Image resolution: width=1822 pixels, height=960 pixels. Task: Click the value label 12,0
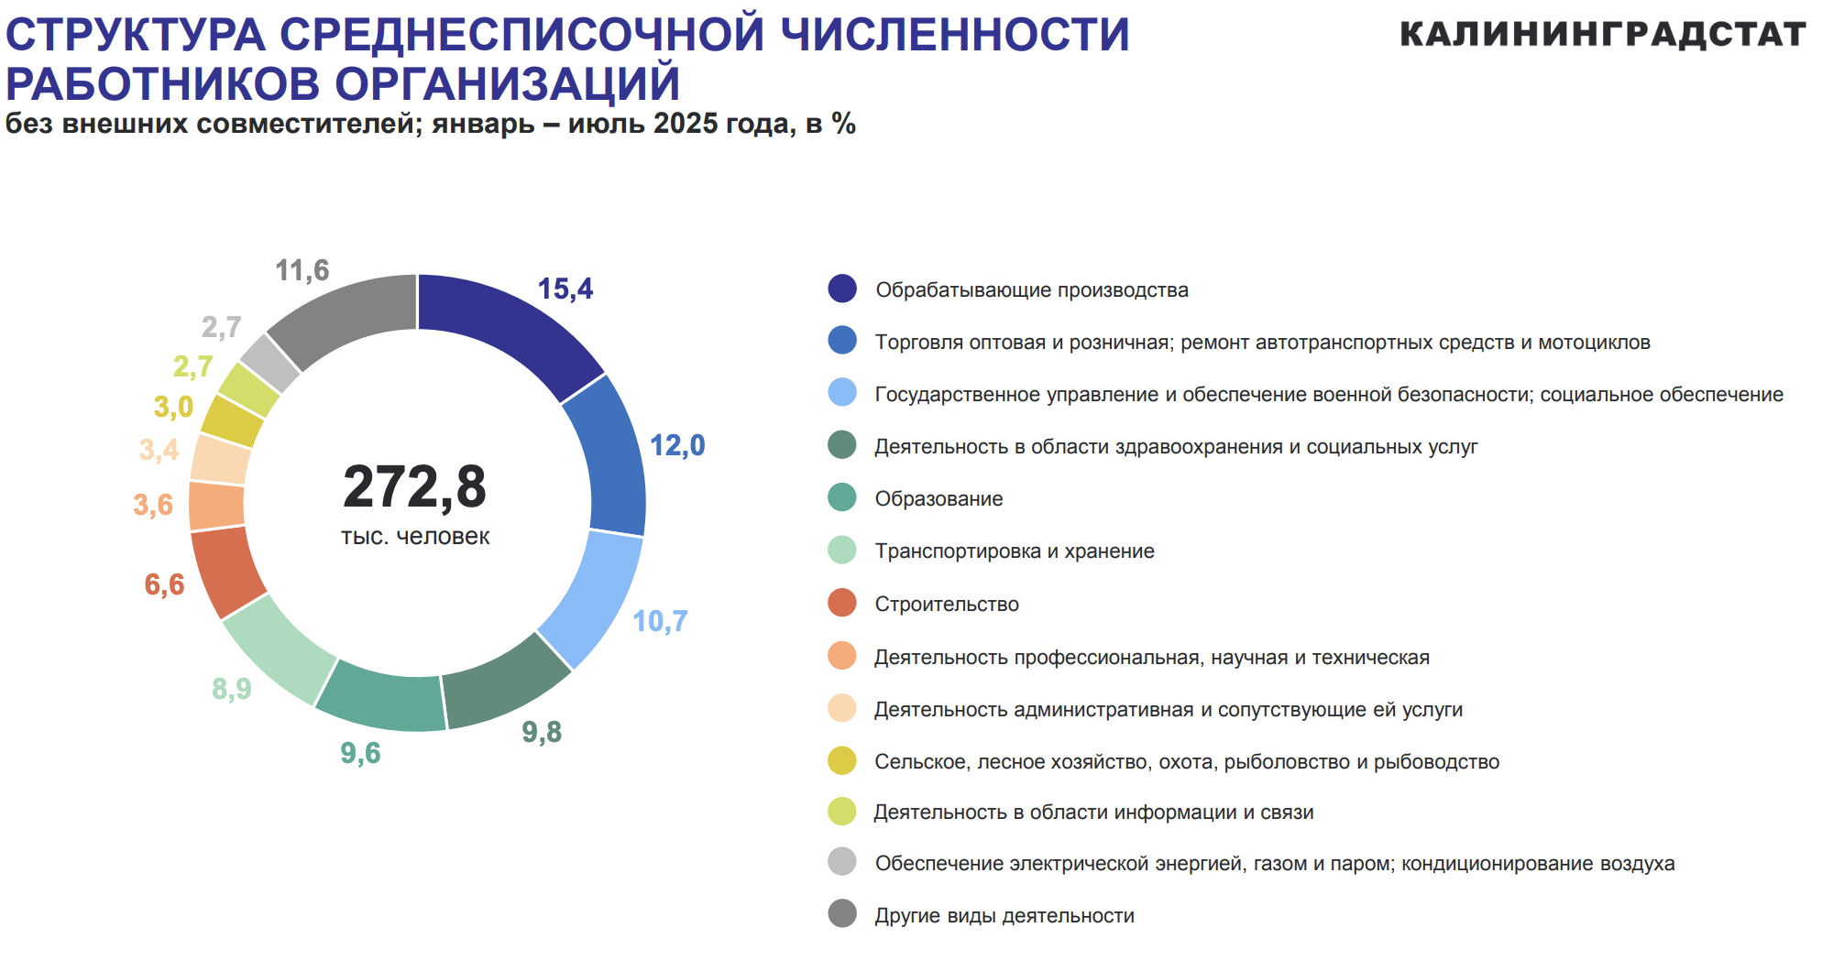[x=677, y=446]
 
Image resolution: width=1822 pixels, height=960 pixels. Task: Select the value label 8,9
[x=231, y=688]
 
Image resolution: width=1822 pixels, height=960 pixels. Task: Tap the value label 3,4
[x=159, y=450]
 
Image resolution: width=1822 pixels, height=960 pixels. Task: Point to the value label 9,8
[x=542, y=732]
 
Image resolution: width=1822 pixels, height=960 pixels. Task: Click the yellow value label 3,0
[x=173, y=407]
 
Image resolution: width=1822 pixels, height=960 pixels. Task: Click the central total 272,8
[x=414, y=486]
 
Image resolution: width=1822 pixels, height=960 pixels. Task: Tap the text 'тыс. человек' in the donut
[x=415, y=537]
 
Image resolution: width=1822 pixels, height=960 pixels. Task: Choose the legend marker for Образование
[x=841, y=498]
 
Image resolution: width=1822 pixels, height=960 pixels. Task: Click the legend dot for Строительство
[x=841, y=604]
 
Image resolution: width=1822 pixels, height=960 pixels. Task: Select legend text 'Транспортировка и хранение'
[x=1014, y=551]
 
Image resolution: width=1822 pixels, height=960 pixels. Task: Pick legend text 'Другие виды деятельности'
[x=1004, y=916]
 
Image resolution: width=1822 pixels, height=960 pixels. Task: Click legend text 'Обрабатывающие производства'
[x=1031, y=290]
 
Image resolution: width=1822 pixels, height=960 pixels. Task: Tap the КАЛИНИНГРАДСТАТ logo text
[x=1602, y=35]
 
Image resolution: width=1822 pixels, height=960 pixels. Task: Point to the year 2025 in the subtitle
[x=685, y=124]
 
